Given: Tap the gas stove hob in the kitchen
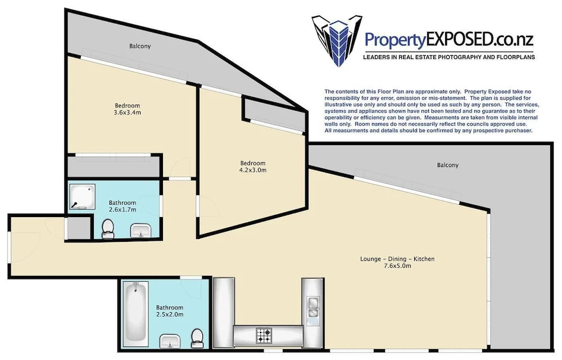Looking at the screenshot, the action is point(264,336).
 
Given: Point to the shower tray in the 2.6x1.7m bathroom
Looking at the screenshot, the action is point(82,196).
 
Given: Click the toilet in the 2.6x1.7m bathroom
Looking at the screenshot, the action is point(107,229).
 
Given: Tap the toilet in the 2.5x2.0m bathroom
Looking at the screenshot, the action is point(197,338).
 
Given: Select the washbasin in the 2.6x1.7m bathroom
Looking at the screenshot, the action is point(142,230).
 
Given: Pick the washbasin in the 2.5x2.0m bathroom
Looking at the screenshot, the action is point(170,340).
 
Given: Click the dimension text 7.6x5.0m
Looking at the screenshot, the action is point(397,265).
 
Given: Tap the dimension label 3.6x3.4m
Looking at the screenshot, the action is point(127,112).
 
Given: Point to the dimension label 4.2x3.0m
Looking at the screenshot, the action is point(253,170).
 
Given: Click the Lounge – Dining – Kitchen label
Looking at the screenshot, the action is point(397,259).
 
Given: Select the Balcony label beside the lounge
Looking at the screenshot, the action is point(448,165).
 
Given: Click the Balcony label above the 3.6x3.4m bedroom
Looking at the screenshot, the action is point(140,46).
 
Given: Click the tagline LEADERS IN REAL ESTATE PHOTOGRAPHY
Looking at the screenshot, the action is point(449,57).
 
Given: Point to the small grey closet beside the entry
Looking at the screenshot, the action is point(79,228).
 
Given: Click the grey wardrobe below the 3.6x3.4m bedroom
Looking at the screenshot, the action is point(114,167).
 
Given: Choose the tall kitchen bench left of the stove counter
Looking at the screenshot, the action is point(224,312).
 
